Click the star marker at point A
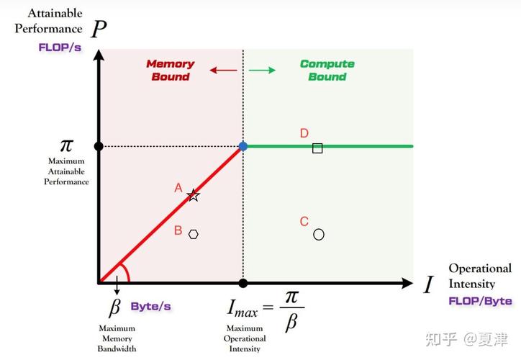(193, 195)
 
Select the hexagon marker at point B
(193, 234)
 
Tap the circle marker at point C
(318, 235)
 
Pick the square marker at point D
(317, 148)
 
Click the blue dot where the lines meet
(243, 146)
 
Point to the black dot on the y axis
(99, 146)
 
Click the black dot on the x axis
(243, 283)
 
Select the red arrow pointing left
(223, 70)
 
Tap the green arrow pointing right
(262, 70)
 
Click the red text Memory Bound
(171, 70)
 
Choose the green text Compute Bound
(327, 70)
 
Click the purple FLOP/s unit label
(60, 48)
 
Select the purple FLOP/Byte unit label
(480, 301)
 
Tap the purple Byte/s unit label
(150, 306)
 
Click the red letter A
(178, 188)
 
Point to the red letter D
(304, 133)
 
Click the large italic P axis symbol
(99, 29)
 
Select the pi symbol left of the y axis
(66, 145)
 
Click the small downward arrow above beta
(117, 285)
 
